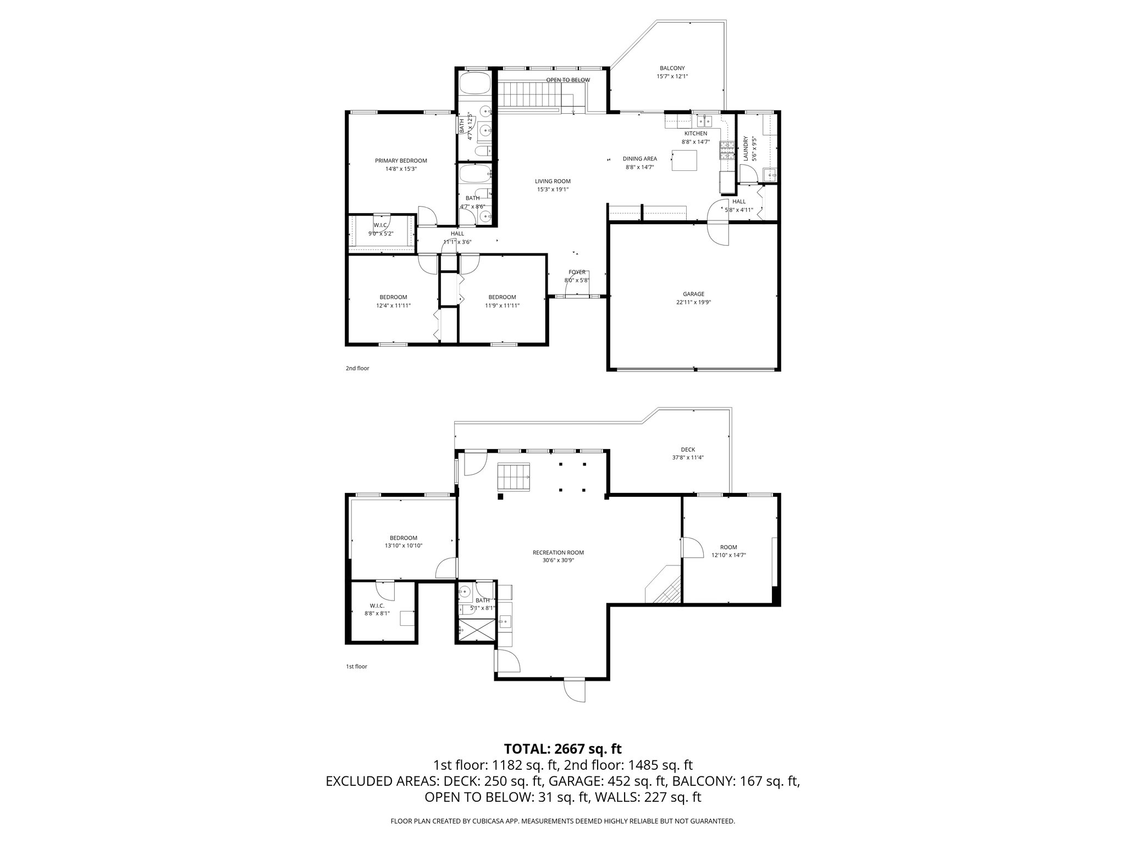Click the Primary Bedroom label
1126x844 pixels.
pos(401,161)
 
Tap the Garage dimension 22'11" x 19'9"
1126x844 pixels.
pos(693,302)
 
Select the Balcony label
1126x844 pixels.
pos(672,68)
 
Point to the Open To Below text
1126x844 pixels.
pos(567,80)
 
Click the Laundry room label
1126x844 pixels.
pos(746,149)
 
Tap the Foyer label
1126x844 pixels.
pos(577,272)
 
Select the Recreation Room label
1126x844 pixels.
pos(558,553)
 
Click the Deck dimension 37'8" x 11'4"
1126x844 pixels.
pos(687,458)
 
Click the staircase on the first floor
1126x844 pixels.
pos(514,476)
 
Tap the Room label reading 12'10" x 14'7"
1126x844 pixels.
pos(728,547)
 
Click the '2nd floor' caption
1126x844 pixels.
pos(357,368)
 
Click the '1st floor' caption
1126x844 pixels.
pos(356,667)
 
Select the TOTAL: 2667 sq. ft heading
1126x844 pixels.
pos(562,748)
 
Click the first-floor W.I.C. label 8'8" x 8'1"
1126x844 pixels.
pos(377,606)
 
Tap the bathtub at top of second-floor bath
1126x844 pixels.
pos(473,85)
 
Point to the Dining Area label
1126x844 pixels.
pos(639,159)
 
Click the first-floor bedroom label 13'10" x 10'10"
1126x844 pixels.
pos(404,538)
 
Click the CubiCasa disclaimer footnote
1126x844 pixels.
pos(562,821)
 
